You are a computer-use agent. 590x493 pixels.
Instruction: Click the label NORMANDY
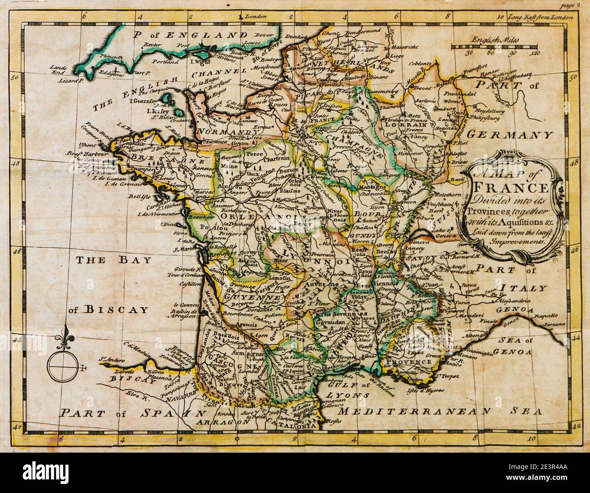226,133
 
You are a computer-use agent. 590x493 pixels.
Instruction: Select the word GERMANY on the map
510,135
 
